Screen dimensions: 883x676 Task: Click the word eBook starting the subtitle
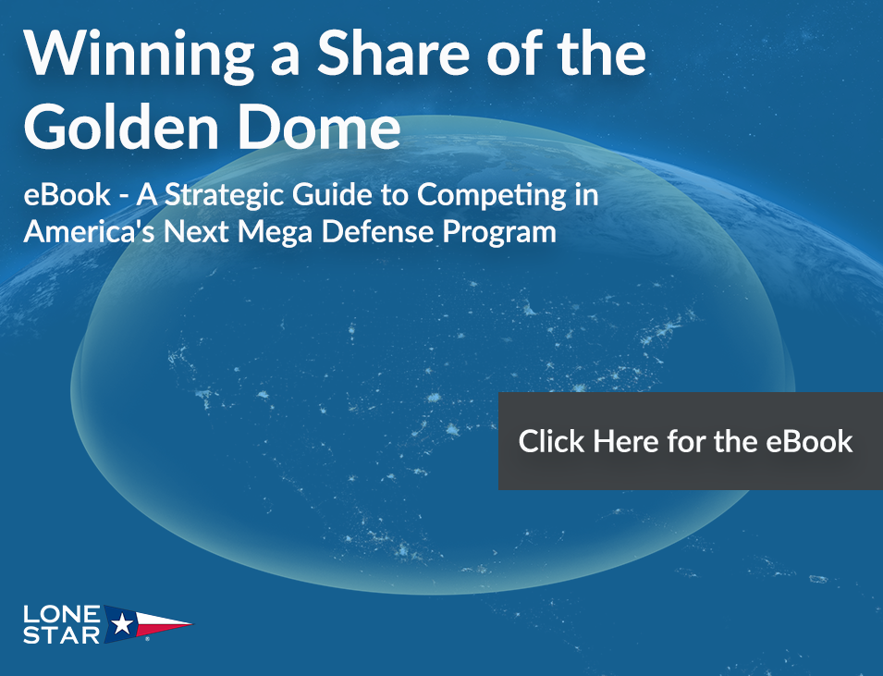coord(67,195)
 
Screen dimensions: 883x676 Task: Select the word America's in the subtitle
coord(89,231)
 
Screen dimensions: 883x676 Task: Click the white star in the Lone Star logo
coord(122,624)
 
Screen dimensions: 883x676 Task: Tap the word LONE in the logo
coord(62,614)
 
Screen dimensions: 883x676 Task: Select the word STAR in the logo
coord(62,635)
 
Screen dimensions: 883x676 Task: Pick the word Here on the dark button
coord(625,441)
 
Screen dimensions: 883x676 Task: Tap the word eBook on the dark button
coord(809,441)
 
